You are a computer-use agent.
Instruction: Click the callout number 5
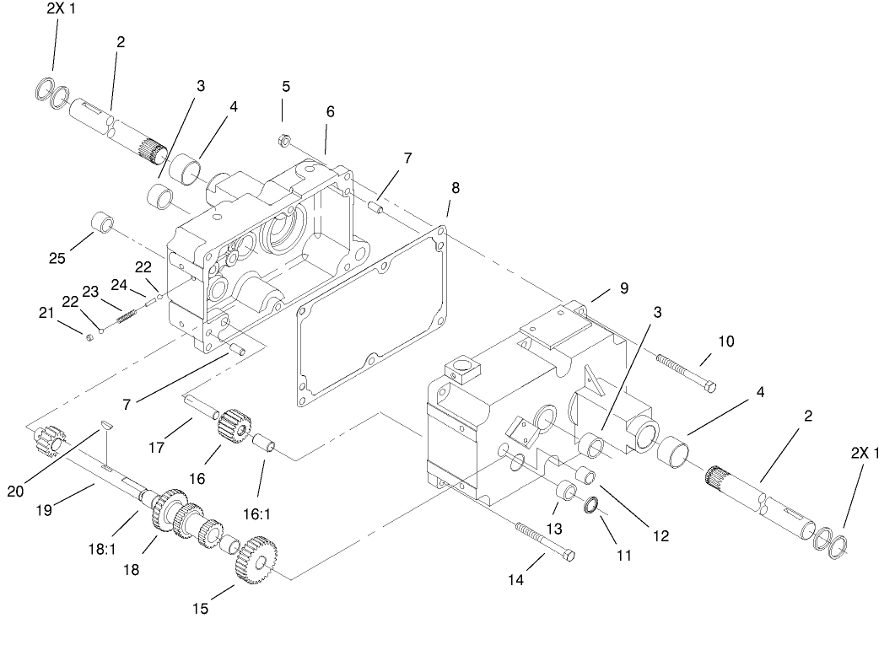[x=286, y=86]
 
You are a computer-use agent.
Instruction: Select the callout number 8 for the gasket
[x=456, y=188]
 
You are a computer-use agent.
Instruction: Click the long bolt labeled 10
[x=686, y=369]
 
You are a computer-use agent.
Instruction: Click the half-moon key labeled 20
[x=105, y=426]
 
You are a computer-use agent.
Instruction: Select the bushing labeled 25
[x=101, y=225]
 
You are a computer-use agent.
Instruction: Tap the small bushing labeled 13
[x=566, y=492]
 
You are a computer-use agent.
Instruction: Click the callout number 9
[x=623, y=288]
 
